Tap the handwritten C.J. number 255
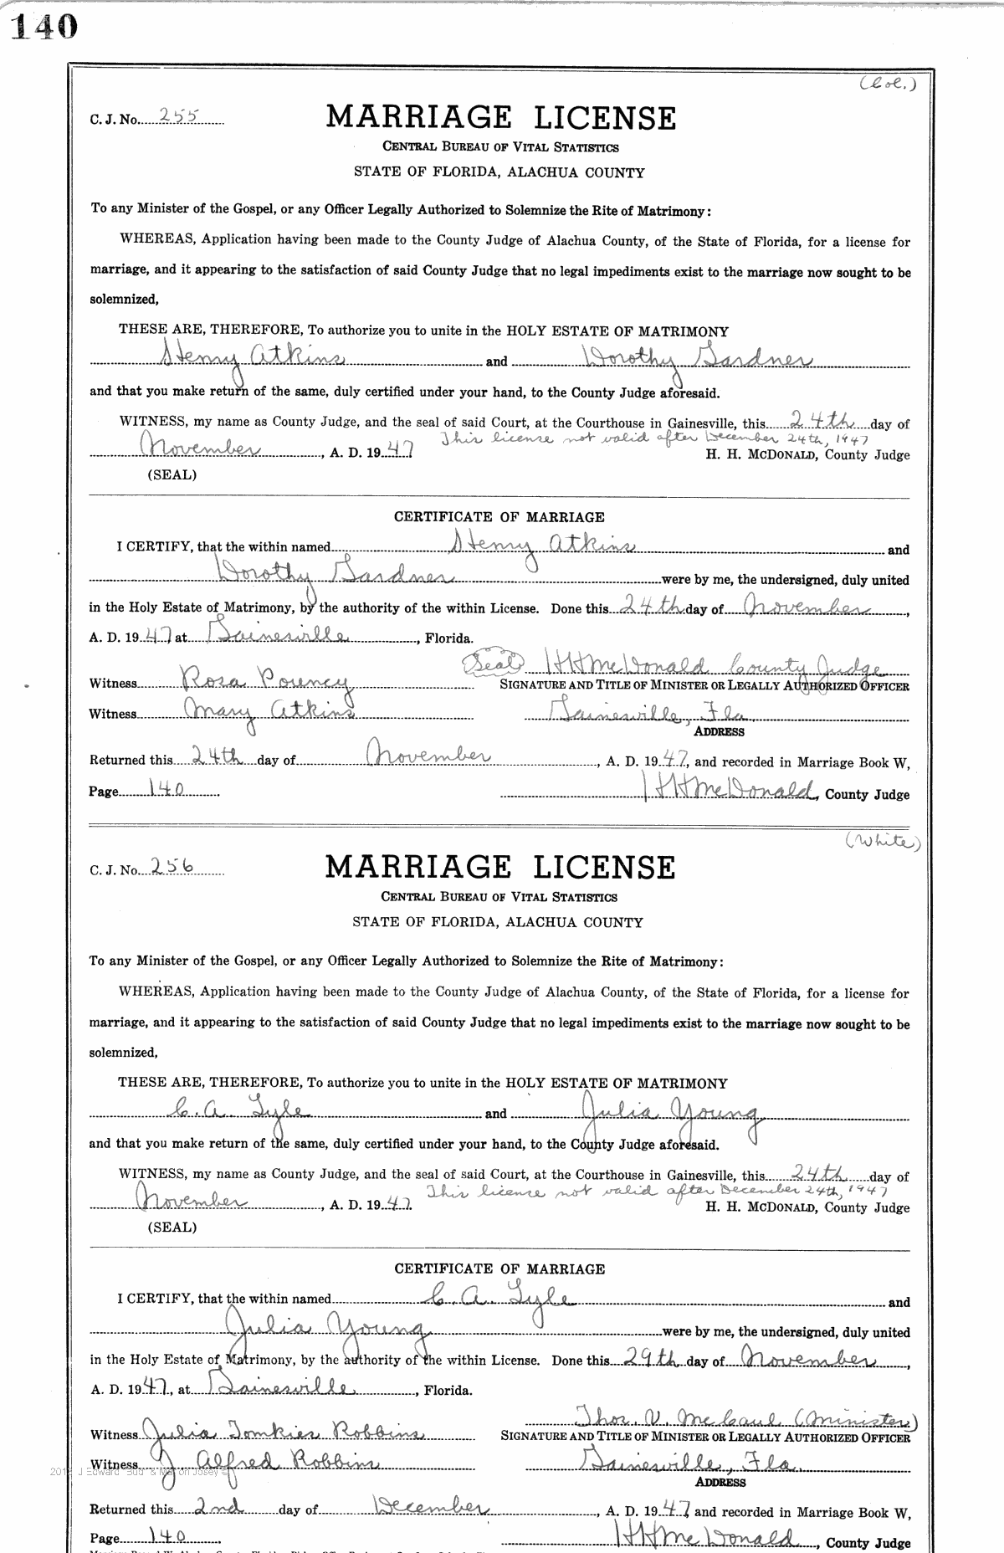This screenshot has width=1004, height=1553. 177,117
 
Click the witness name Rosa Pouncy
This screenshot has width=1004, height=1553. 256,682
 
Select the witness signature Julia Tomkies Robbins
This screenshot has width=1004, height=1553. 284,1433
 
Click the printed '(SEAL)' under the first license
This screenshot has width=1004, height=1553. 172,474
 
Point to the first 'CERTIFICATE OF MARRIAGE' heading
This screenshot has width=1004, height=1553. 499,517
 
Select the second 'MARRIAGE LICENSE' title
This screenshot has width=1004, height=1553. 499,868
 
